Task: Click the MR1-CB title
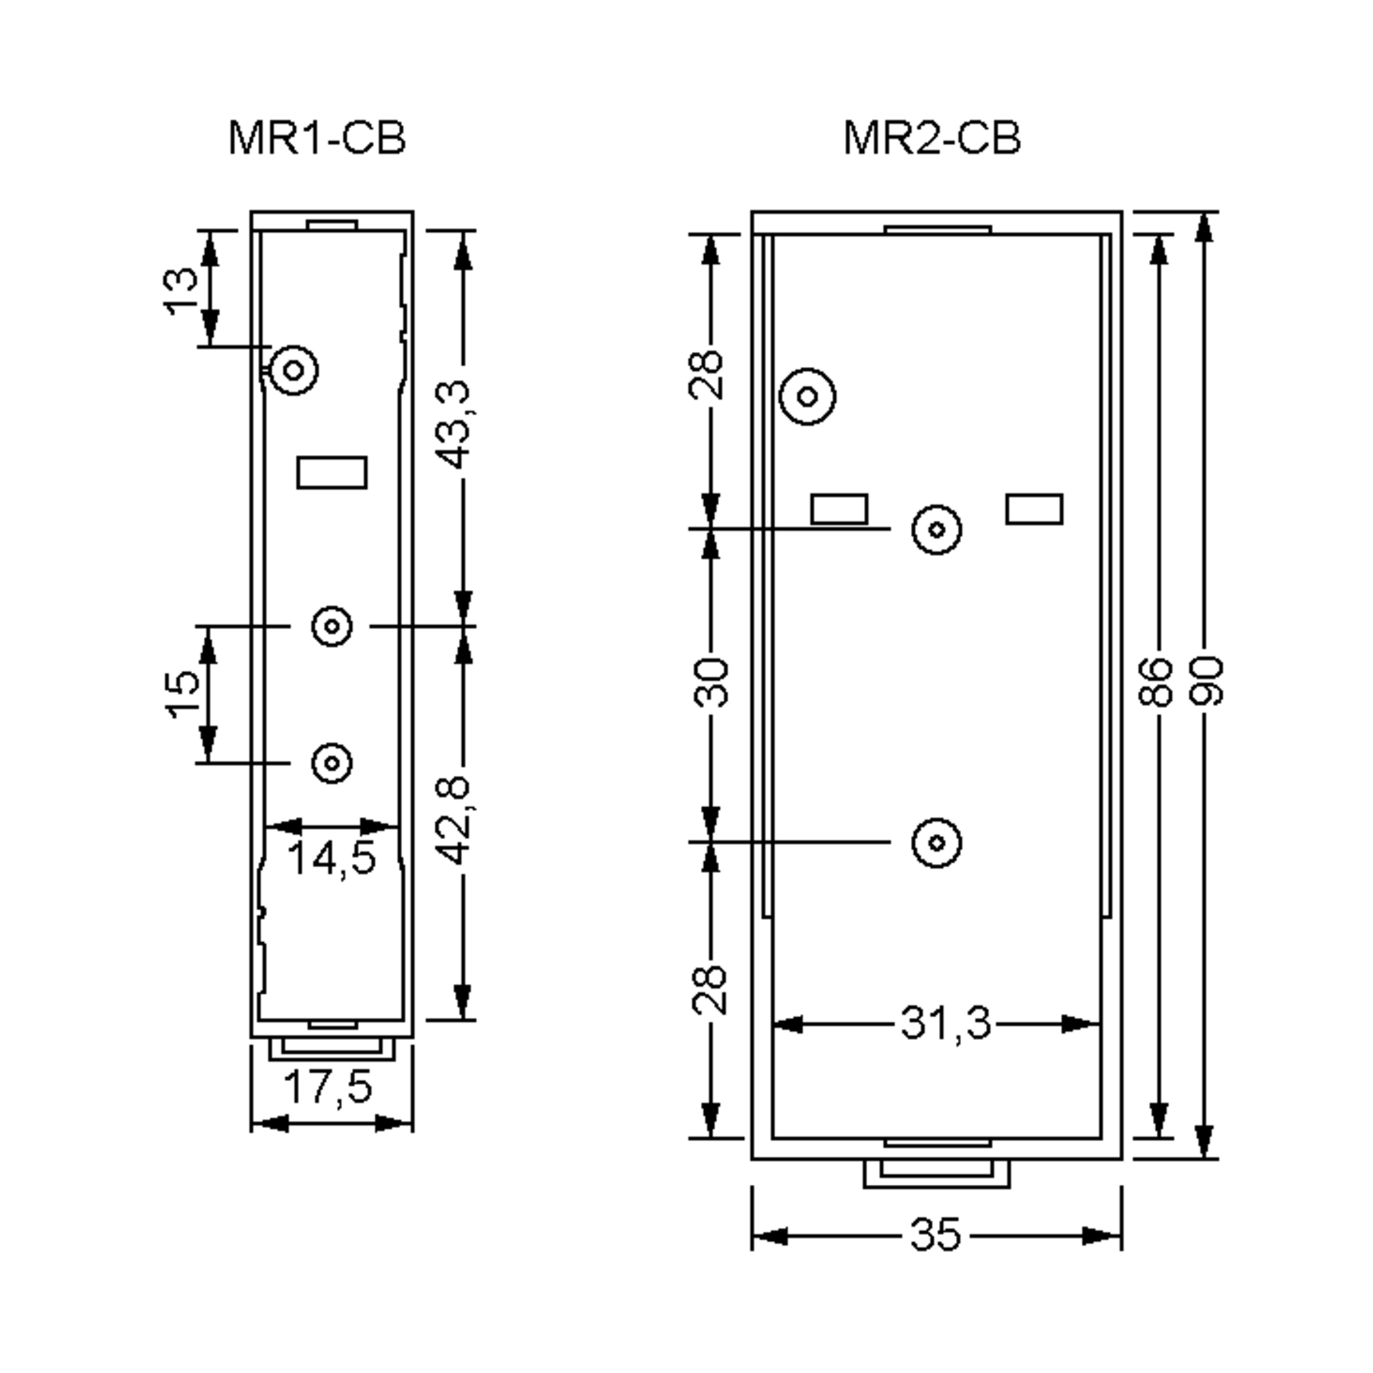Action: point(317,138)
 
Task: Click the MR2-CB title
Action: point(932,138)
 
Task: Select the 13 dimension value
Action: point(182,290)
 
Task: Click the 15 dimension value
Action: point(182,693)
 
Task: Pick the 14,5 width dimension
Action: point(332,859)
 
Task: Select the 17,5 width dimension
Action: point(328,1086)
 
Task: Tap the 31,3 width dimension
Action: point(945,1024)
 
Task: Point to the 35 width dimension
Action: point(935,1235)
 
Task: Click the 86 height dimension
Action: point(1155,682)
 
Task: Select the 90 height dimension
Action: point(1207,682)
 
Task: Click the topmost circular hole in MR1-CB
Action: point(293,370)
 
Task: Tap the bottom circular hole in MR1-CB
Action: point(332,763)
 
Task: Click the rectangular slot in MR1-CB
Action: point(332,473)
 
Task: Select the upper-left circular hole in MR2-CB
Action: point(807,396)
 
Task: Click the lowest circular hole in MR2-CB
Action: point(937,843)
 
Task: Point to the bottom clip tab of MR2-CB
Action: point(937,1173)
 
